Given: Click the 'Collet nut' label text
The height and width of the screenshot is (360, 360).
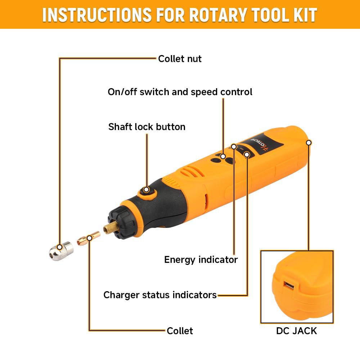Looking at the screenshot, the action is (180, 59).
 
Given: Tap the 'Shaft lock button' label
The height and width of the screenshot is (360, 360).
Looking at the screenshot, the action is (147, 127).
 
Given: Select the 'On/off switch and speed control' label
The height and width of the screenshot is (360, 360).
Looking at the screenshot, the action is (180, 92).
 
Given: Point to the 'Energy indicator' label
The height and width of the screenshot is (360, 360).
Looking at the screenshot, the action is (201, 260).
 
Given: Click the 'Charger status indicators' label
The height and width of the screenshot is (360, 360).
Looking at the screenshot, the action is (160, 295).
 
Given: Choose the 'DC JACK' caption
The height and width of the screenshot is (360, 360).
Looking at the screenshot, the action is (296, 331).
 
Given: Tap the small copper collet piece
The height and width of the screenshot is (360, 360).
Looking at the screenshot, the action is (89, 239).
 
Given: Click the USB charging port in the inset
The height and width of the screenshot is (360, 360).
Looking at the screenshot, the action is (289, 286).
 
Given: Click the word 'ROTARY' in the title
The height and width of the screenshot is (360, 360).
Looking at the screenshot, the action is (219, 15).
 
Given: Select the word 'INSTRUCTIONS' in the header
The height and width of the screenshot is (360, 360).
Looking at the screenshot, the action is (97, 15).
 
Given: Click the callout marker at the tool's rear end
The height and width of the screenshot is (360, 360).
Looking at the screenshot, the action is (309, 143).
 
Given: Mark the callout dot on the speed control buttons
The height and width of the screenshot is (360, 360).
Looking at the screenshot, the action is (223, 156).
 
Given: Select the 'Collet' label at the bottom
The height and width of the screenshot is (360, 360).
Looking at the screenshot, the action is (180, 331).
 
